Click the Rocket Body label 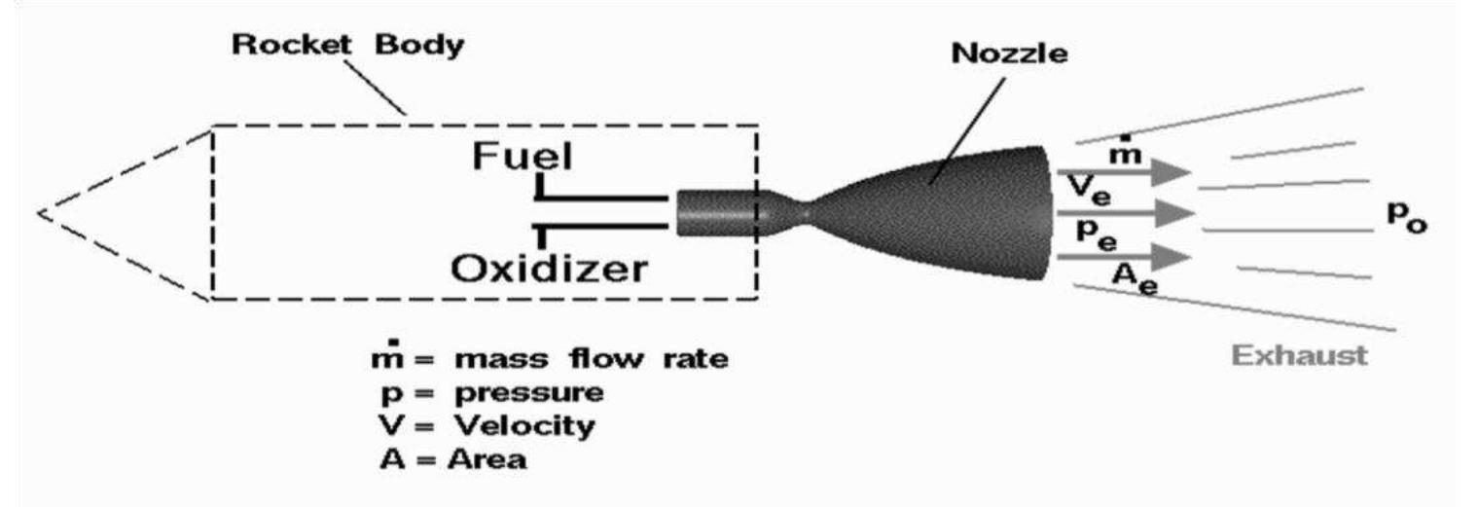click(347, 47)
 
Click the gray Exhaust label click(1299, 354)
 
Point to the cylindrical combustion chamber click(715, 212)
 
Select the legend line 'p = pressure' click(491, 393)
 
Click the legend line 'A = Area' click(453, 458)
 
